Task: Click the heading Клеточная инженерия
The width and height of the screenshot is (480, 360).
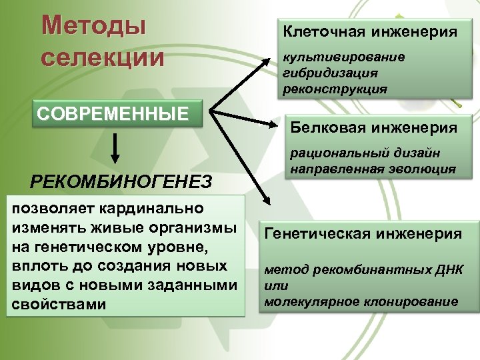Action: (371, 31)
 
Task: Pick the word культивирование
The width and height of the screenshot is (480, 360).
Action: (344, 57)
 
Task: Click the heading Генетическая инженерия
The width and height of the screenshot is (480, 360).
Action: (363, 233)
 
